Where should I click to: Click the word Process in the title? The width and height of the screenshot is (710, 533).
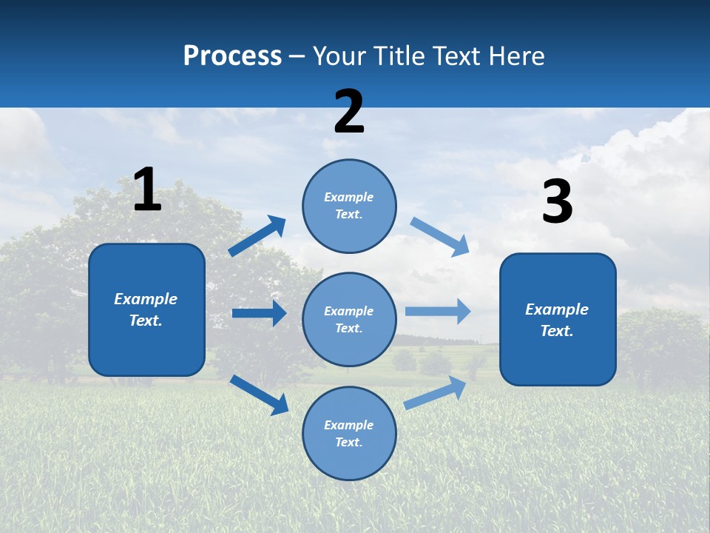pyautogui.click(x=232, y=56)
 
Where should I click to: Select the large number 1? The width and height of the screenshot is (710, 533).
pyautogui.click(x=147, y=190)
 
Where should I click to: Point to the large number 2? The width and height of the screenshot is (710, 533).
pyautogui.click(x=348, y=112)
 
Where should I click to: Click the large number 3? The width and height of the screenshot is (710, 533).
pyautogui.click(x=557, y=201)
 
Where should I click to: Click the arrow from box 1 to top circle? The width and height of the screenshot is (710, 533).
pyautogui.click(x=257, y=235)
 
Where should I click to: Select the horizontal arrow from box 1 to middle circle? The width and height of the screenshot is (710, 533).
pyautogui.click(x=259, y=313)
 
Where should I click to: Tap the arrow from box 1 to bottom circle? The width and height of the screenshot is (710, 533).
pyautogui.click(x=259, y=395)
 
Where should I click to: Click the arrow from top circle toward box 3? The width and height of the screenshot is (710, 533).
pyautogui.click(x=440, y=237)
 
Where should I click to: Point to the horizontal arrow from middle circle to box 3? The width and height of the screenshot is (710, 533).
pyautogui.click(x=438, y=311)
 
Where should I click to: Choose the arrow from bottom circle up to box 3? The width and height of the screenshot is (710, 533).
pyautogui.click(x=435, y=392)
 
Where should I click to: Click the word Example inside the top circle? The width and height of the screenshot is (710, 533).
pyautogui.click(x=349, y=197)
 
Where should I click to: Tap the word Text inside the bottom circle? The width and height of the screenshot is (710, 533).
pyautogui.click(x=348, y=442)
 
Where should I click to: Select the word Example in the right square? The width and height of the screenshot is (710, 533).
pyautogui.click(x=557, y=309)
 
